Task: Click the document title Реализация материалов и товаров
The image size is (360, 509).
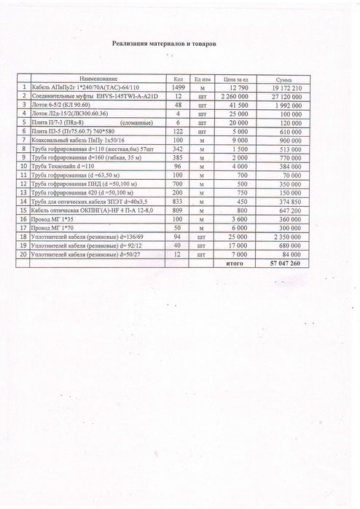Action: click(x=165, y=44)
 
